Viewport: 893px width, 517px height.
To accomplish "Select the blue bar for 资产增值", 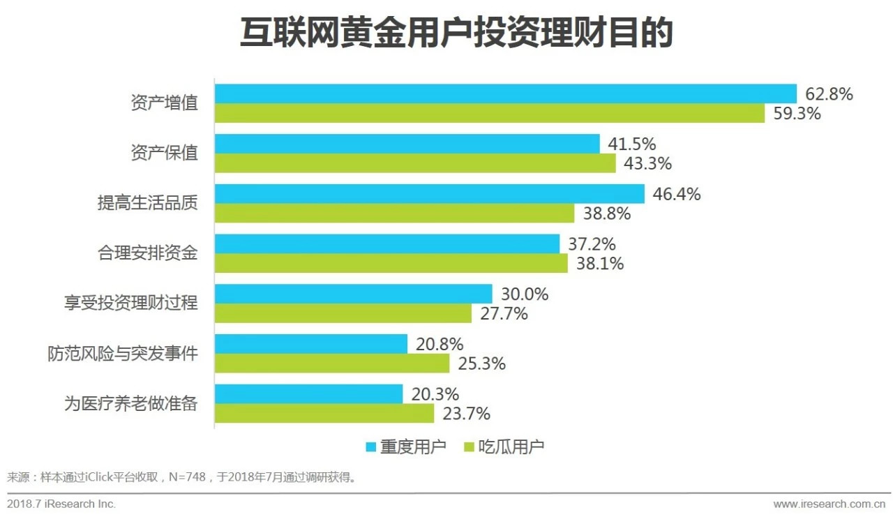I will [505, 93].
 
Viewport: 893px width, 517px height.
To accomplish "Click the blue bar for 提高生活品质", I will [429, 194].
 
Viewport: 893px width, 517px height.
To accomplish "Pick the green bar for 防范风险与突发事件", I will [331, 364].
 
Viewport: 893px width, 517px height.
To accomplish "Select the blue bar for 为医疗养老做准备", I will [308, 394].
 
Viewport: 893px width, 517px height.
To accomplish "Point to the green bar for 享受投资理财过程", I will [343, 313].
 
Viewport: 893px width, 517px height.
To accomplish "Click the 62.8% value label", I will [829, 94].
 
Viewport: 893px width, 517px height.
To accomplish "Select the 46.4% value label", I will [676, 195].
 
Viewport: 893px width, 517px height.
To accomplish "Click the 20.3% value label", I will [435, 394].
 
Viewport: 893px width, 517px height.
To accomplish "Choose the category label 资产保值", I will [164, 153].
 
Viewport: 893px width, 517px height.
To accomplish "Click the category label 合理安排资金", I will [147, 253].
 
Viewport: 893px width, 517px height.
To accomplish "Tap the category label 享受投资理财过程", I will [130, 304].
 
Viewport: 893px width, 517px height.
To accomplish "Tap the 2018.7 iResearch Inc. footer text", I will [61, 504].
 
